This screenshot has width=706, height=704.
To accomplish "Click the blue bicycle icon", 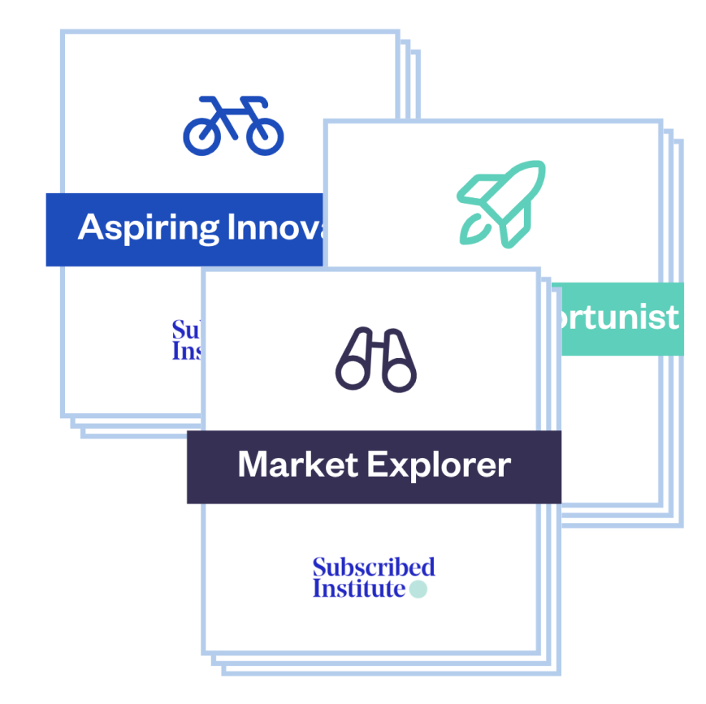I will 233,125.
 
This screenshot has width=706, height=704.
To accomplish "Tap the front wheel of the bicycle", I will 265,136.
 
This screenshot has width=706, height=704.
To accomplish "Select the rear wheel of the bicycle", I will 201,136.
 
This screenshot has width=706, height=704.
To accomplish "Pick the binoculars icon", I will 376,361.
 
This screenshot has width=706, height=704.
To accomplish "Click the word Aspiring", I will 148,228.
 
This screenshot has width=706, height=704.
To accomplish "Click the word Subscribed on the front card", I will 374,567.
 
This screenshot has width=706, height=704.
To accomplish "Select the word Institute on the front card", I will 358,588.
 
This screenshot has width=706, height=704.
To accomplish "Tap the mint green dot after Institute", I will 418,589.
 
